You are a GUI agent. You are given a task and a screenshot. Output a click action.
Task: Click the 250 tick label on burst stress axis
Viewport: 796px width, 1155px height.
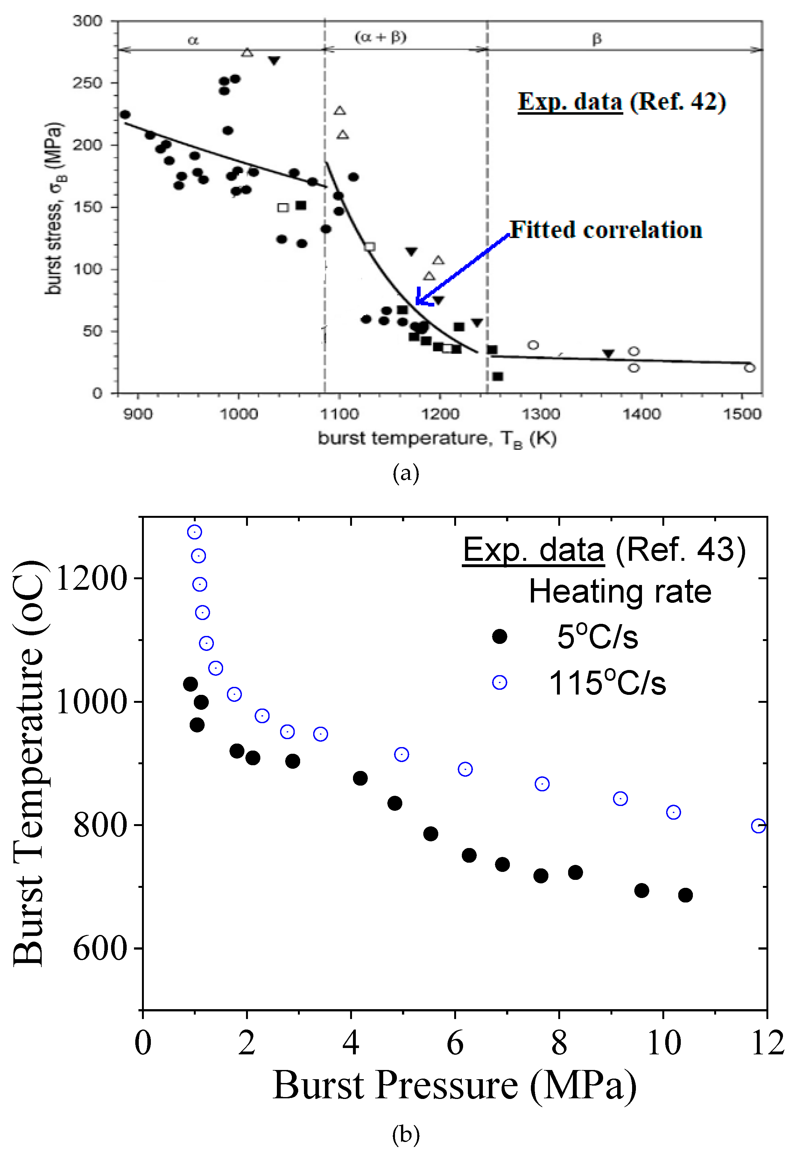[x=88, y=83]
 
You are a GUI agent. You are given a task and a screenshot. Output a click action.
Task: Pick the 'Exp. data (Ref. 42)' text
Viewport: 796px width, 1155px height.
[x=622, y=102]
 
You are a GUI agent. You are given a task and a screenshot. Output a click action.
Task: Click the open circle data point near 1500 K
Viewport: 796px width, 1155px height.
[x=749, y=368]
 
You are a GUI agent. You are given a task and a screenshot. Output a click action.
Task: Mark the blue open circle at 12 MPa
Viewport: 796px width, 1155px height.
[x=758, y=826]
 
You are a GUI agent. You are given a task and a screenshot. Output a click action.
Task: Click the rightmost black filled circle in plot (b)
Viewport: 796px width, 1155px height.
[x=685, y=895]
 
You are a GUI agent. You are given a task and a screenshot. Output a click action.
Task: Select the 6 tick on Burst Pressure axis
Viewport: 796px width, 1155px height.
[x=455, y=1044]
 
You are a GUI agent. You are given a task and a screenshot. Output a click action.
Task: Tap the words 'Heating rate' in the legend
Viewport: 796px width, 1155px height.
[x=620, y=592]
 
